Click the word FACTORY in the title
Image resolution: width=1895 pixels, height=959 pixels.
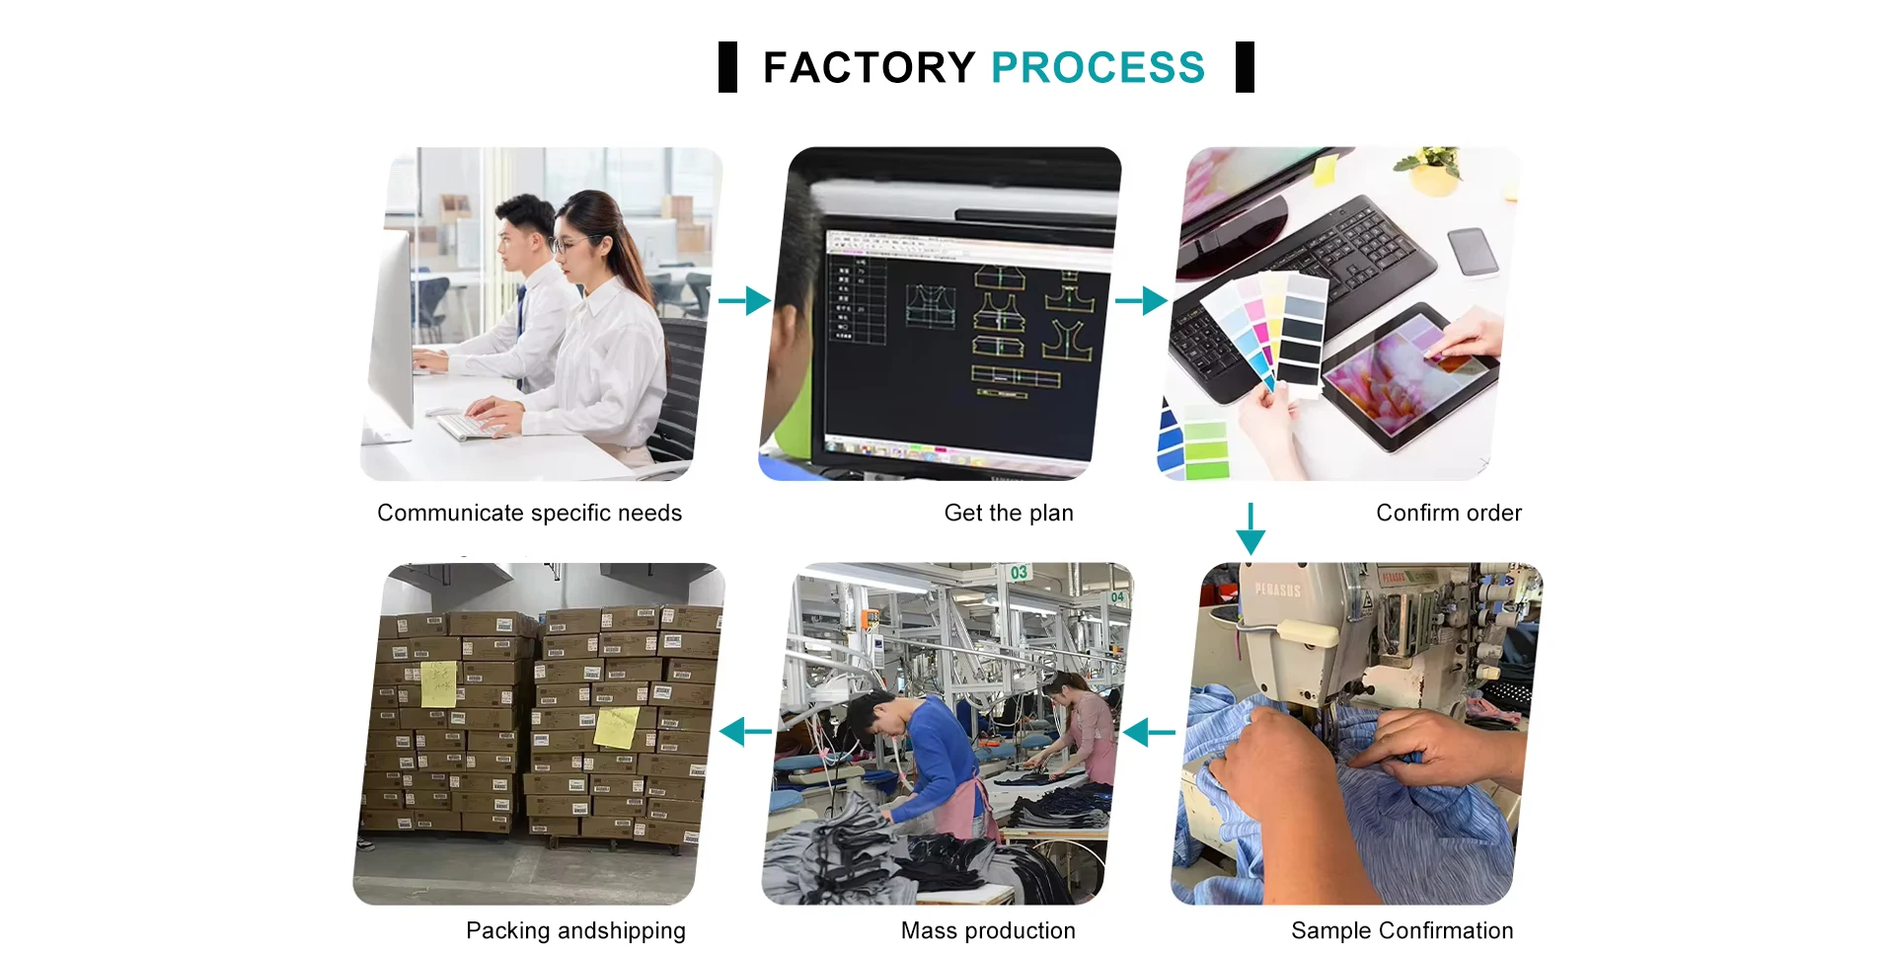pos(869,68)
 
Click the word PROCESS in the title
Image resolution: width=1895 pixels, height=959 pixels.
pos(1098,68)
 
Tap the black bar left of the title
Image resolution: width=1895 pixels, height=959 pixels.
pos(727,67)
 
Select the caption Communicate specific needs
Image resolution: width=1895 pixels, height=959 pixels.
pos(529,514)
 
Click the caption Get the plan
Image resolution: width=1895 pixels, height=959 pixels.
pos(1008,514)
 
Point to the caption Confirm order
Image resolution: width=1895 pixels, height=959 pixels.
pos(1448,514)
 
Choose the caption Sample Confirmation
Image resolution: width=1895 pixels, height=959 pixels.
pos(1402,931)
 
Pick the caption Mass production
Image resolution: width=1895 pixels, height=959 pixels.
pos(988,931)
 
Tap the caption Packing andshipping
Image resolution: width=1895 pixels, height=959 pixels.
pos(575,931)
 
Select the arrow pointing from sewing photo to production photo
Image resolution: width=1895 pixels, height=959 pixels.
pos(1149,733)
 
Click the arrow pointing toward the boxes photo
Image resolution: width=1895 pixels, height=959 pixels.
pos(746,733)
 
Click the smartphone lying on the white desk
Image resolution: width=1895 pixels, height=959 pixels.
pos(1473,252)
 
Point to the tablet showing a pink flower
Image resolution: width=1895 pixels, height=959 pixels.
pos(1407,374)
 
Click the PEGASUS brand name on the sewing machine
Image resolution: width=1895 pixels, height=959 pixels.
pos(1277,590)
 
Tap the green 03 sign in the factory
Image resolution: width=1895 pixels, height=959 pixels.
pos(1019,573)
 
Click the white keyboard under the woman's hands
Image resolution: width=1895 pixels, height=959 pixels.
pos(469,428)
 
